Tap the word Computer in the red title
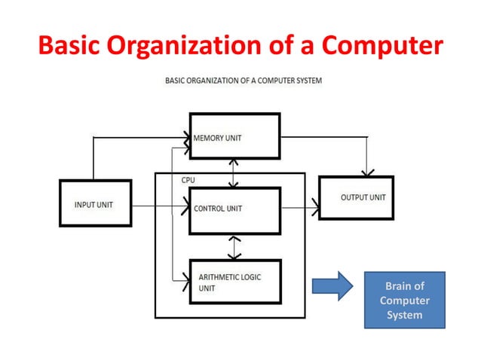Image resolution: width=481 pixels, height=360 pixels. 378,46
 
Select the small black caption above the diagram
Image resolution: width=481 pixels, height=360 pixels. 244,81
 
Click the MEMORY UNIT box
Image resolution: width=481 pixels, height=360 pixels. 234,136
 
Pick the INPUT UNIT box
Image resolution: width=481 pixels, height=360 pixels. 94,203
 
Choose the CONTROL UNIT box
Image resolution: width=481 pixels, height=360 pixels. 234,208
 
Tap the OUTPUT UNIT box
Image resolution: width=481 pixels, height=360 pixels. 356,197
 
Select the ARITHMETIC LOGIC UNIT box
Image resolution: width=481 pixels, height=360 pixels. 234,282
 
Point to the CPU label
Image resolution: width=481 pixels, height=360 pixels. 188,181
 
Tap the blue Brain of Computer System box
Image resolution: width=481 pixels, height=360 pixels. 404,300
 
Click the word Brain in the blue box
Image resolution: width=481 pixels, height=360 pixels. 404,286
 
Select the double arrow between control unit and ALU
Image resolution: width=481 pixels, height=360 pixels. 235,246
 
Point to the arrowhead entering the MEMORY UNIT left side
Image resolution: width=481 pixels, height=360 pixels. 185,138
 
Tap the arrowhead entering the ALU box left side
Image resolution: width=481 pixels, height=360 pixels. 185,281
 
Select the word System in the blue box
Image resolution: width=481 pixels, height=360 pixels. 404,315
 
